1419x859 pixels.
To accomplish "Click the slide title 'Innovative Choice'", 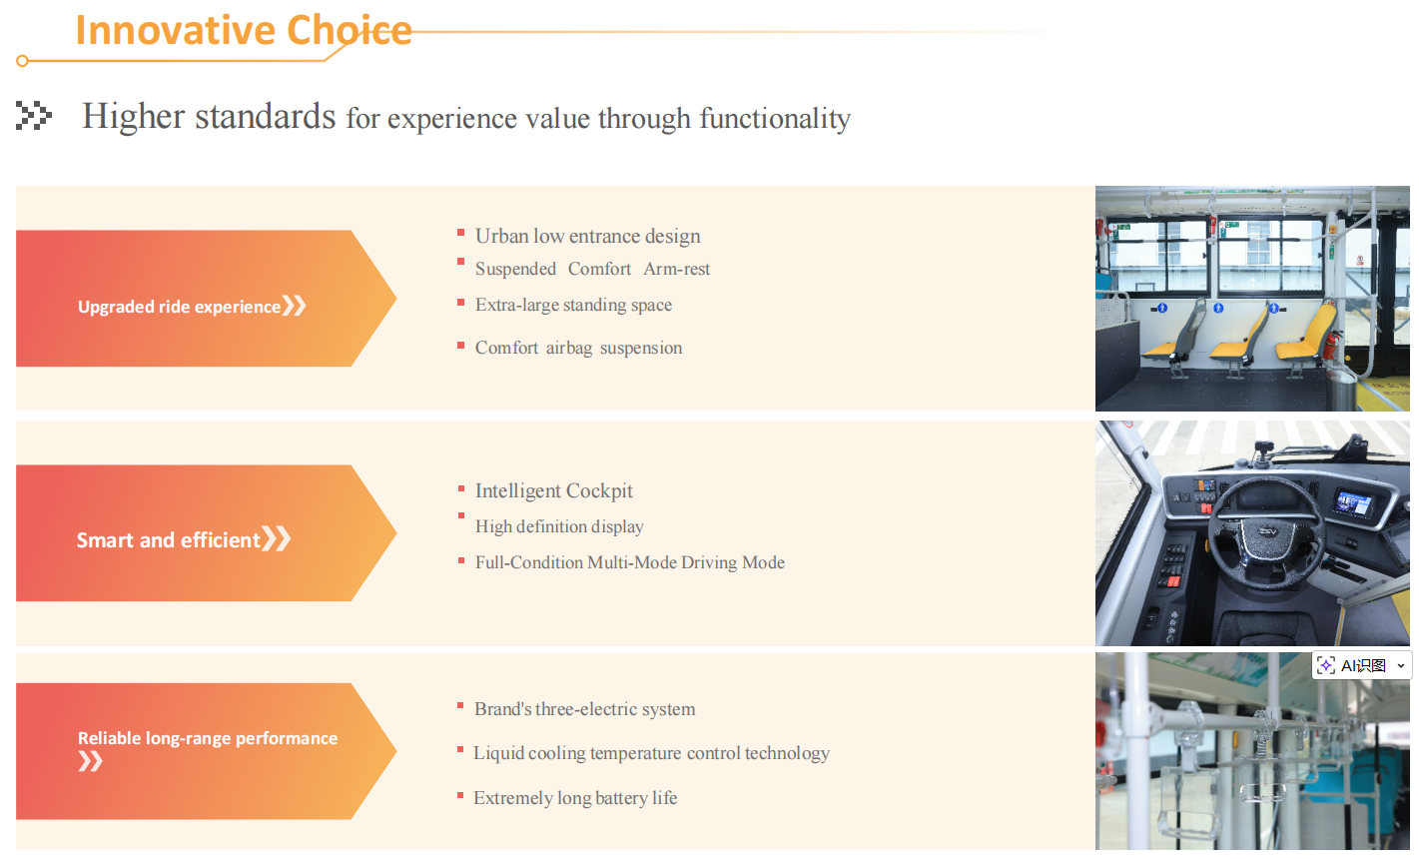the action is [x=244, y=30].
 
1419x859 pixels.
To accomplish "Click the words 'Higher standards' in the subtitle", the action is [x=209, y=116].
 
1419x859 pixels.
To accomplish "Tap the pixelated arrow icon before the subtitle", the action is [x=34, y=115].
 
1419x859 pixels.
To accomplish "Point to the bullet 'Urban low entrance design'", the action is [x=588, y=236].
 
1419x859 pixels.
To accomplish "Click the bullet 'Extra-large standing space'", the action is [x=573, y=305].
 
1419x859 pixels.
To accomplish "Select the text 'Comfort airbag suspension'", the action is [x=578, y=348].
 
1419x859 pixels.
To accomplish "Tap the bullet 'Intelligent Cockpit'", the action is [x=553, y=490].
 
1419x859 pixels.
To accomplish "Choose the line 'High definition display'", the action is [x=559, y=526].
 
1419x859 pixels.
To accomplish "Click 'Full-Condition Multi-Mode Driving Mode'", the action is [x=630, y=562].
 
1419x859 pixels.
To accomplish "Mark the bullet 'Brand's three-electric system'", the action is [x=585, y=709].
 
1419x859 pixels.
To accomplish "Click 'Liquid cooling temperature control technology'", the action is [x=651, y=753].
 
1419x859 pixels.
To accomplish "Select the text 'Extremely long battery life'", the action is [x=575, y=797].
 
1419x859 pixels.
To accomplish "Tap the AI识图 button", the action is [x=1361, y=666].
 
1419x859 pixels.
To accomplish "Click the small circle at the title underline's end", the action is [x=22, y=61].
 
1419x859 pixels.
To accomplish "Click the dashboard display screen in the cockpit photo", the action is [x=1353, y=503].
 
